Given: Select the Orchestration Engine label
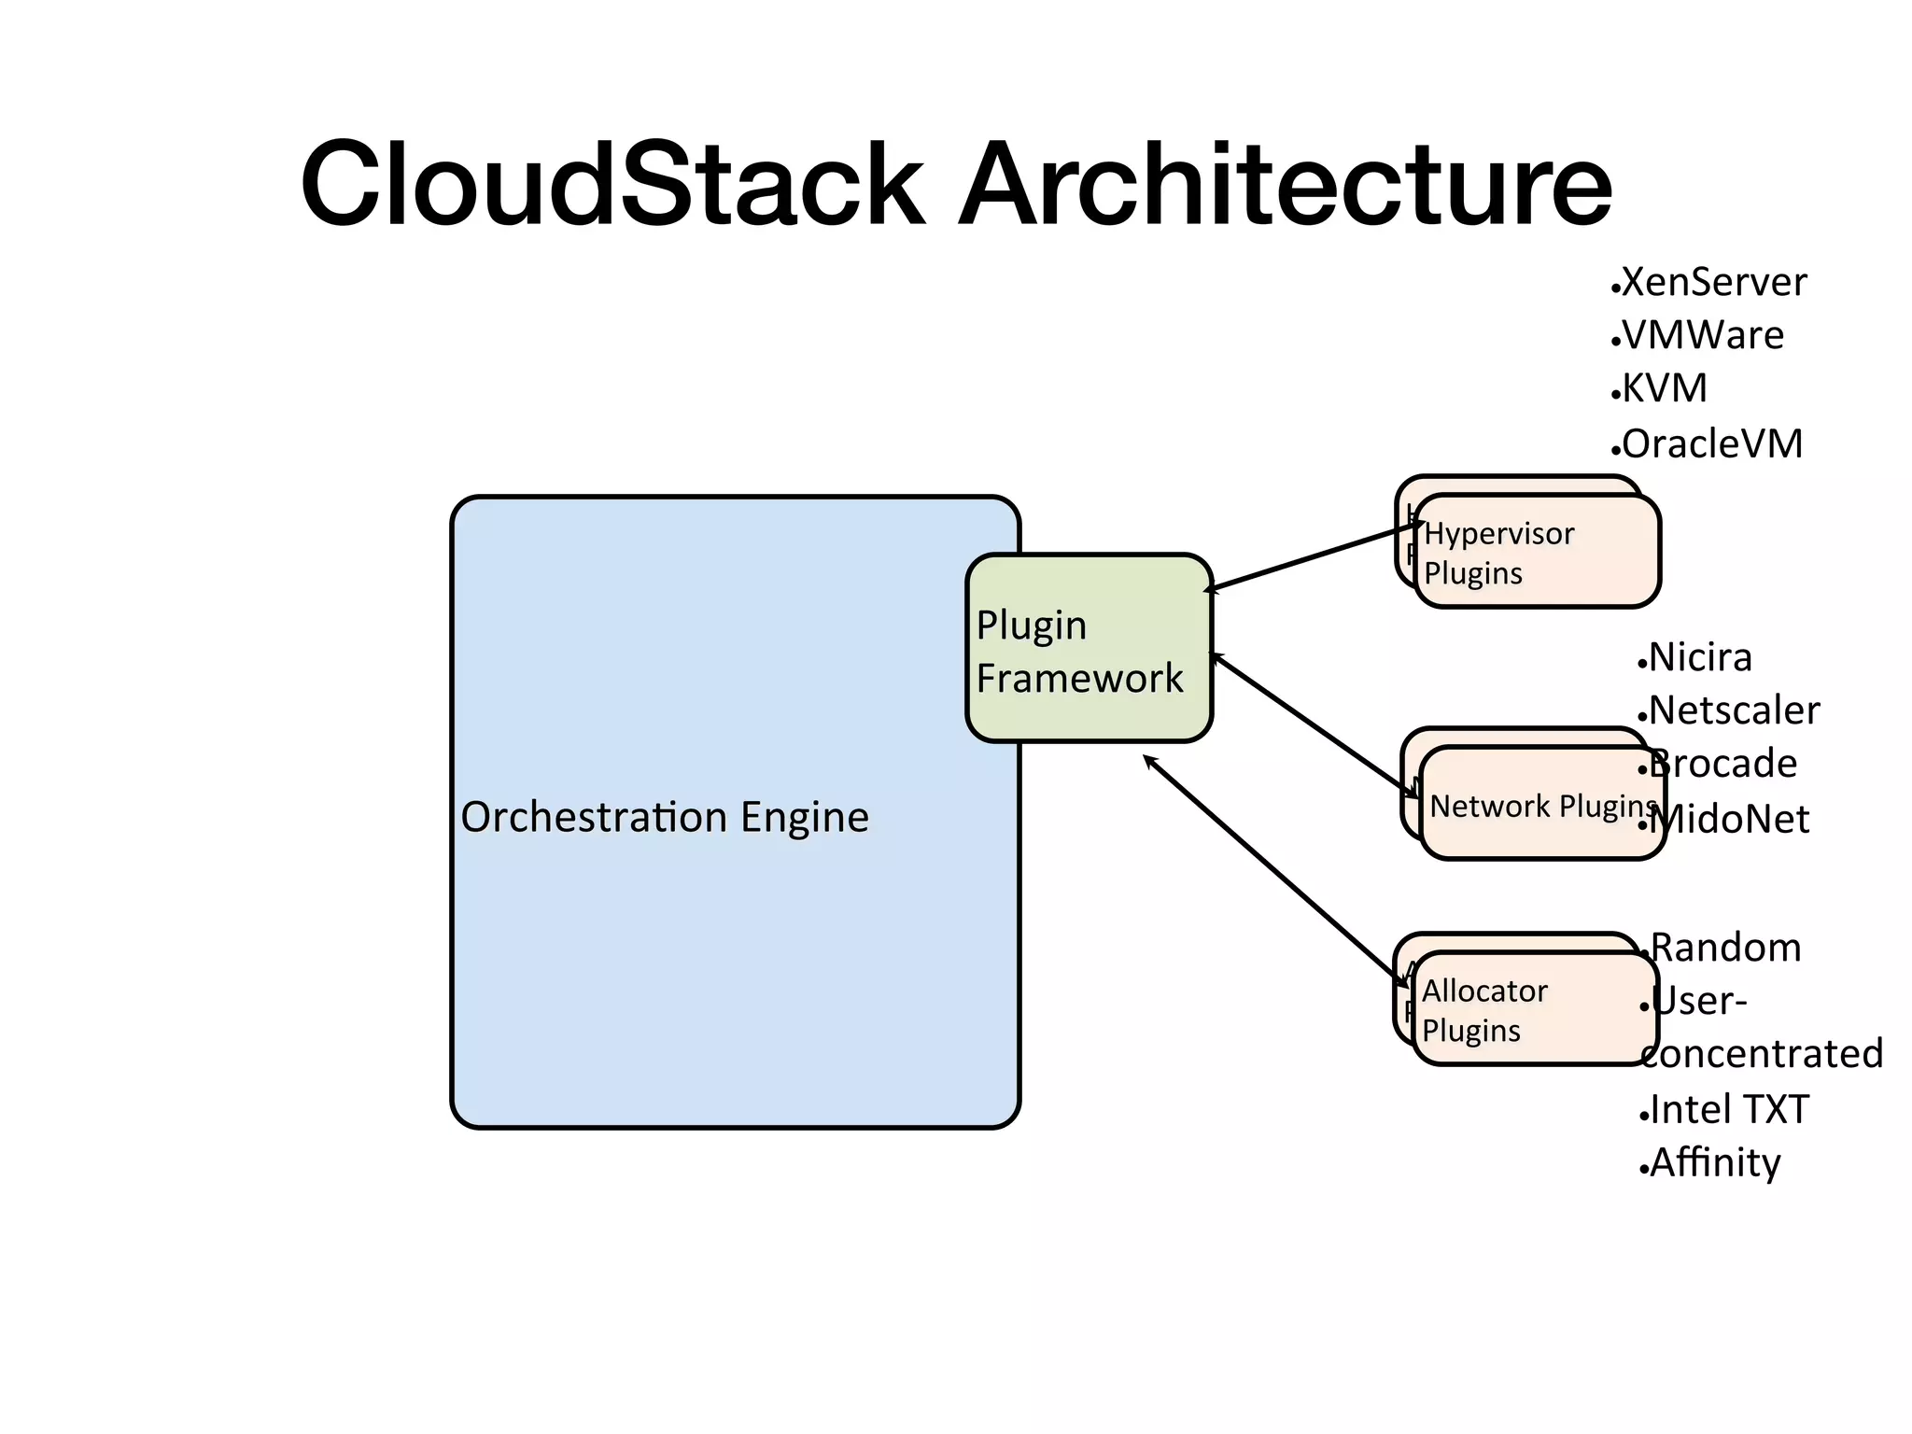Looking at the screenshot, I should (x=665, y=817).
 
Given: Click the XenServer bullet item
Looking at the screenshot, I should (x=1713, y=282).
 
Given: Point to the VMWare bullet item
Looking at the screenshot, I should (x=1702, y=335).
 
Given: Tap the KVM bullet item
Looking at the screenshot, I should (x=1664, y=388).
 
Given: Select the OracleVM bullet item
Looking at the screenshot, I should (x=1711, y=443).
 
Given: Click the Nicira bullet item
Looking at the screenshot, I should (x=1699, y=657).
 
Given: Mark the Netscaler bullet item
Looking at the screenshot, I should (x=1734, y=710).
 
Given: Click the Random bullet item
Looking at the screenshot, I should (x=1725, y=948).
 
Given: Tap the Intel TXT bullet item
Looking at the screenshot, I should (x=1729, y=1109).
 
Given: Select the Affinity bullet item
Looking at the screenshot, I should (x=1715, y=1162).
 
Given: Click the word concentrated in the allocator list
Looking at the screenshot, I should (x=1763, y=1054).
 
